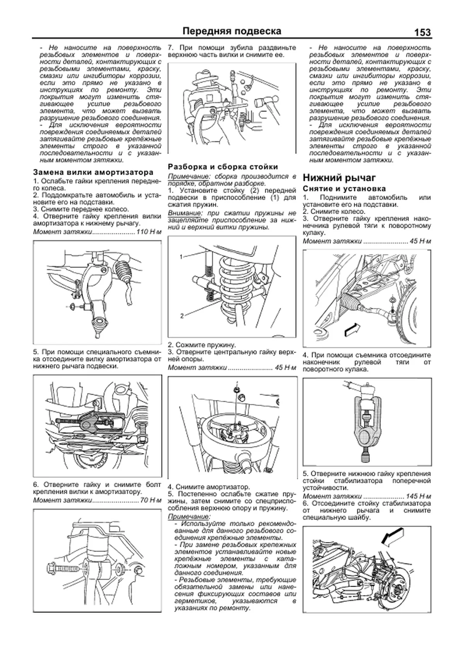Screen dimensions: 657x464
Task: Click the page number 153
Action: tap(422, 32)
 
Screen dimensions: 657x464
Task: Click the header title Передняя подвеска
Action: tap(232, 31)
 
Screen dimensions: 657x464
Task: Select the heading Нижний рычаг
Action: tap(339, 178)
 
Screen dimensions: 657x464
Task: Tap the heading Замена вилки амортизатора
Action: tap(93, 173)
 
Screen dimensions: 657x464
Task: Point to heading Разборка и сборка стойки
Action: tap(223, 167)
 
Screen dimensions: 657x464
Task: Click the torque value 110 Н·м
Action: tap(148, 232)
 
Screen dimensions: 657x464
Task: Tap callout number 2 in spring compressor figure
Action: tap(182, 316)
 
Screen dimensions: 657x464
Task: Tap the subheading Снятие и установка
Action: tap(344, 189)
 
